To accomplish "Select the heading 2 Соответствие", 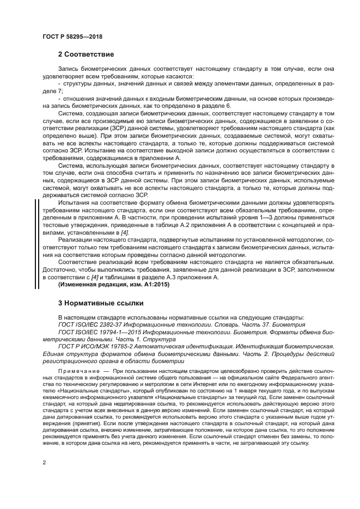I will (x=86, y=55).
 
